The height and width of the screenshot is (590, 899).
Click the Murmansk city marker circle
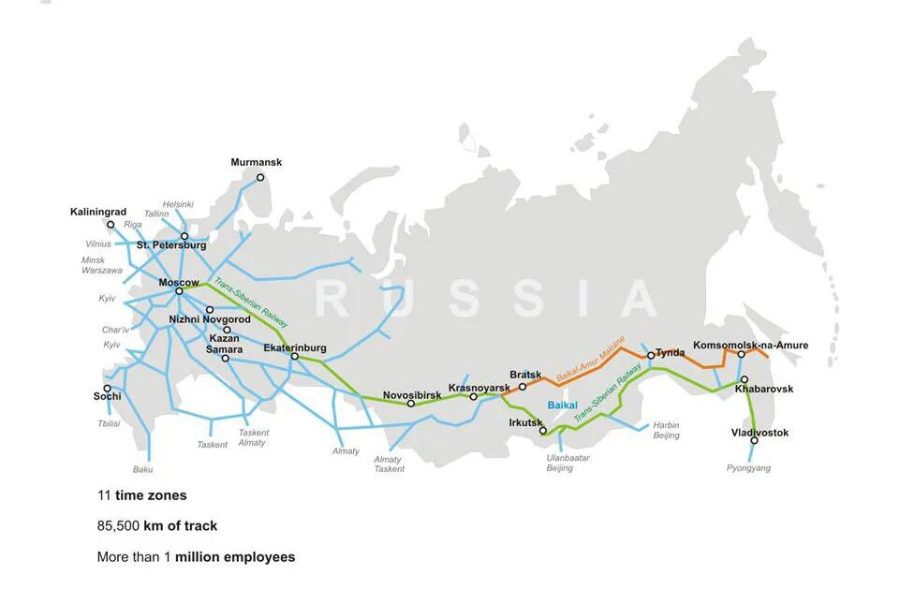click(x=260, y=177)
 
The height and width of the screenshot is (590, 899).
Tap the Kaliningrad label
click(x=97, y=212)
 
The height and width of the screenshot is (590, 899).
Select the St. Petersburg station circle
click(x=184, y=236)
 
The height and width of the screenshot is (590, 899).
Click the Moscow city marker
click(x=179, y=291)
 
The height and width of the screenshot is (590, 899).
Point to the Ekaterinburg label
click(x=295, y=347)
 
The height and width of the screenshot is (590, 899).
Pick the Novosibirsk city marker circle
click(x=411, y=404)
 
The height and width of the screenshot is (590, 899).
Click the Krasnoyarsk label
click(x=479, y=387)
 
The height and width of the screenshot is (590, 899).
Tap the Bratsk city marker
click(x=523, y=386)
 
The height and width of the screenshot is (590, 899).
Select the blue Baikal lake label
click(x=563, y=405)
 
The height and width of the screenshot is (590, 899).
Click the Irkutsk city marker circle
click(x=543, y=431)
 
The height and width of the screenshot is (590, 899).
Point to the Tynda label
click(x=670, y=352)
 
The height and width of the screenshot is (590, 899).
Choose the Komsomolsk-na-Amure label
click(x=750, y=345)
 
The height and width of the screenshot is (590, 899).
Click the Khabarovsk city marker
click(x=744, y=379)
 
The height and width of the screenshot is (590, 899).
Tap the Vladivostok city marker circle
click(x=754, y=440)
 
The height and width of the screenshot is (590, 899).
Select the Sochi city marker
click(x=107, y=388)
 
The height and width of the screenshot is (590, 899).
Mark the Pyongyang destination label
click(x=748, y=467)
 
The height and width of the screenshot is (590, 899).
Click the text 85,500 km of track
click(x=157, y=525)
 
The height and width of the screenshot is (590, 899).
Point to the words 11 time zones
click(x=142, y=494)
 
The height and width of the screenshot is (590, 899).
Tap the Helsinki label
click(x=178, y=203)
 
